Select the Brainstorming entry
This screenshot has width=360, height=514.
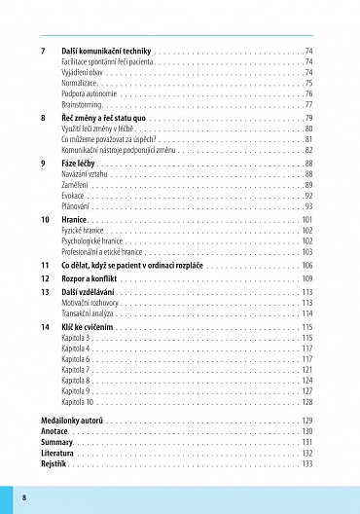coord(83,104)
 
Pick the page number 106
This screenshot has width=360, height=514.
coord(306,265)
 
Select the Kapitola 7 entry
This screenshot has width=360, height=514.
coord(77,370)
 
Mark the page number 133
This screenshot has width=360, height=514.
coord(306,464)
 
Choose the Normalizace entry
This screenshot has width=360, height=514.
coord(80,83)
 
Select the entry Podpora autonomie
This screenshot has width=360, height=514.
coord(89,93)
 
